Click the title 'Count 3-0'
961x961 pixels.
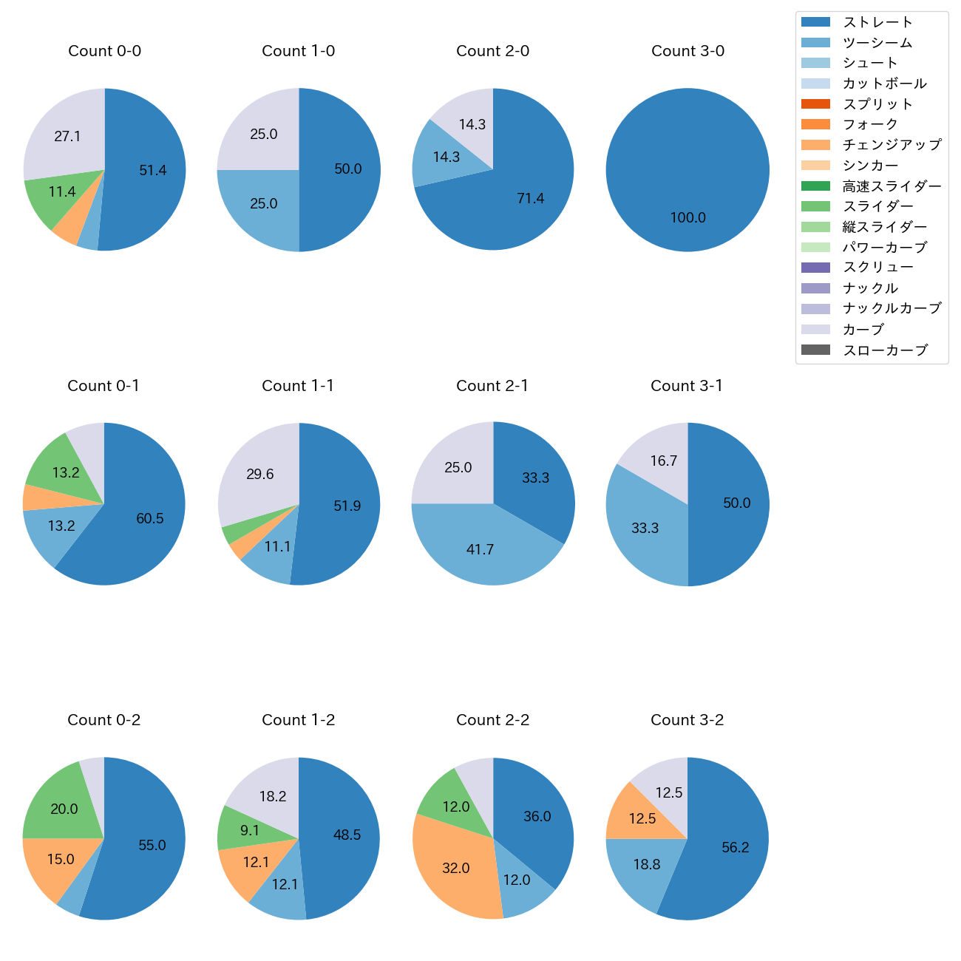(687, 51)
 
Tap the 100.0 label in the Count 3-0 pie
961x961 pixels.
(687, 217)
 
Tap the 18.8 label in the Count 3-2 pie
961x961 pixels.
(647, 864)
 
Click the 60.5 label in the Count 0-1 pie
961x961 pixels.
(150, 518)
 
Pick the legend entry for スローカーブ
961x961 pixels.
(885, 350)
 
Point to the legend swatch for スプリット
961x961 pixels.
(815, 104)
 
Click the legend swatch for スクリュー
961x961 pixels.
(815, 268)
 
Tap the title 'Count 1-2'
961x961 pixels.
(299, 720)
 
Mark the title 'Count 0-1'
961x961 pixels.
(103, 386)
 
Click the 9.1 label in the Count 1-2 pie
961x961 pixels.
(250, 830)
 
